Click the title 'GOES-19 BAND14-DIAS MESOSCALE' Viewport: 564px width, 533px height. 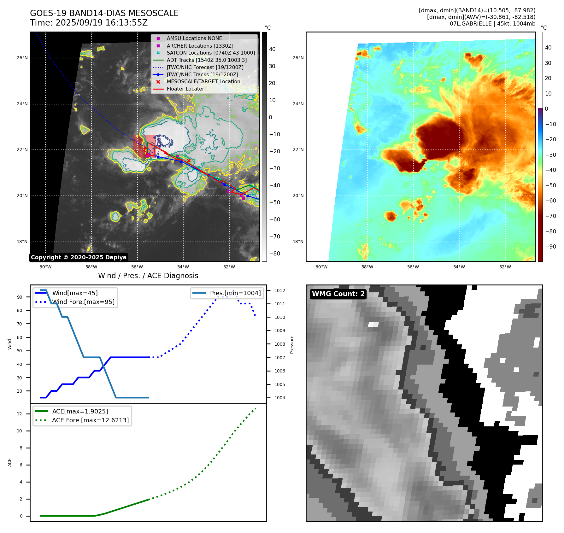coord(104,13)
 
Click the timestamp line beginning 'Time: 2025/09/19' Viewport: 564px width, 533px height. coord(89,23)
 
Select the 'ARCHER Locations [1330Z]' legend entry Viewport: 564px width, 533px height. coord(200,46)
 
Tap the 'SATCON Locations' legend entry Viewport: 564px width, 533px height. coord(211,53)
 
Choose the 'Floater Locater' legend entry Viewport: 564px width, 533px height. coord(185,89)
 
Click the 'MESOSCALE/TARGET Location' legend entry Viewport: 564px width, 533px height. coord(203,81)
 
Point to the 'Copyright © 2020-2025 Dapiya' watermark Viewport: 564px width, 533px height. coord(79,257)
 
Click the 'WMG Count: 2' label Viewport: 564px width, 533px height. coord(338,294)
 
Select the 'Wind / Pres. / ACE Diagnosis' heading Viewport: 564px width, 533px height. coord(148,276)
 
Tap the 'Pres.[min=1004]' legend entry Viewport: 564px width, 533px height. coord(235,293)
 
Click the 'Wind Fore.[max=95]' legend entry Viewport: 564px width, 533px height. coord(83,302)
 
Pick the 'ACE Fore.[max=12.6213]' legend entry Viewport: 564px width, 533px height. coord(90,420)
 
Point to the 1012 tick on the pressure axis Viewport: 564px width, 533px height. coord(279,290)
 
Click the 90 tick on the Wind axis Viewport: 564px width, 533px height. coord(20,297)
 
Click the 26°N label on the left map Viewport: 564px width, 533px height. coord(22,58)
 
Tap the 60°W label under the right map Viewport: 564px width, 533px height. coord(321,267)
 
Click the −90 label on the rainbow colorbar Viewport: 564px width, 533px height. coord(550,247)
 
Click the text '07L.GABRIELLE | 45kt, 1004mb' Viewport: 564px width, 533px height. coord(492,24)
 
